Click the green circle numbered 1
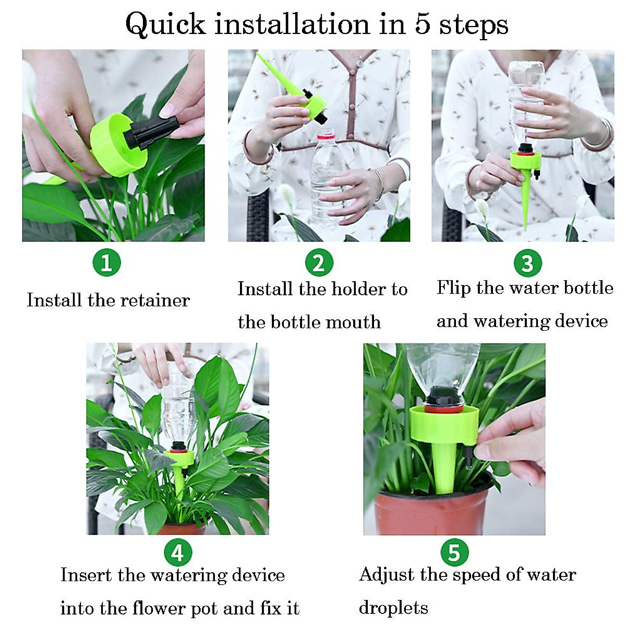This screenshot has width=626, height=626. [x=106, y=262]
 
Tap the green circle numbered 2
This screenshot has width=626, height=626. [x=319, y=262]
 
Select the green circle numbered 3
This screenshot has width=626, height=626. [x=527, y=263]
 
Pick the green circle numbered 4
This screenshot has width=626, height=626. [x=178, y=552]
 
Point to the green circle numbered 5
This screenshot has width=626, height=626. [x=454, y=552]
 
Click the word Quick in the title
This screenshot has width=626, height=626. [x=165, y=25]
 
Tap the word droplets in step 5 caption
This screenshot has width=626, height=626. [x=393, y=608]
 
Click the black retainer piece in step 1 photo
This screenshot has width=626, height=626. [x=150, y=131]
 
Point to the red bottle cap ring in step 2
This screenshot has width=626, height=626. [x=326, y=136]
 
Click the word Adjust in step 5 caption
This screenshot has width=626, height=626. [x=387, y=574]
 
